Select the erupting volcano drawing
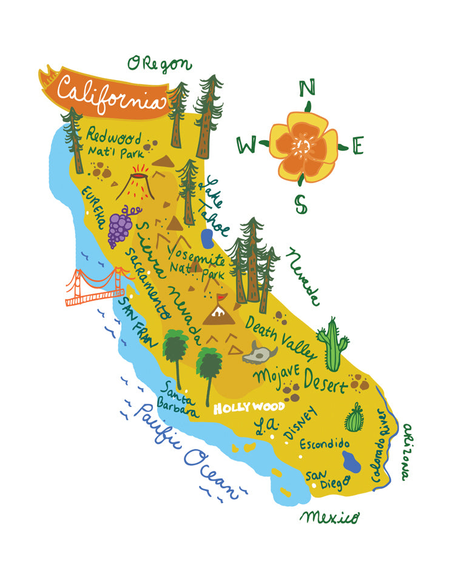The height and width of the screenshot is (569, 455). (x=137, y=182)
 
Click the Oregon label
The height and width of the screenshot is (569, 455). (x=160, y=63)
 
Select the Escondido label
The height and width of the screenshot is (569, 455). (x=324, y=444)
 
